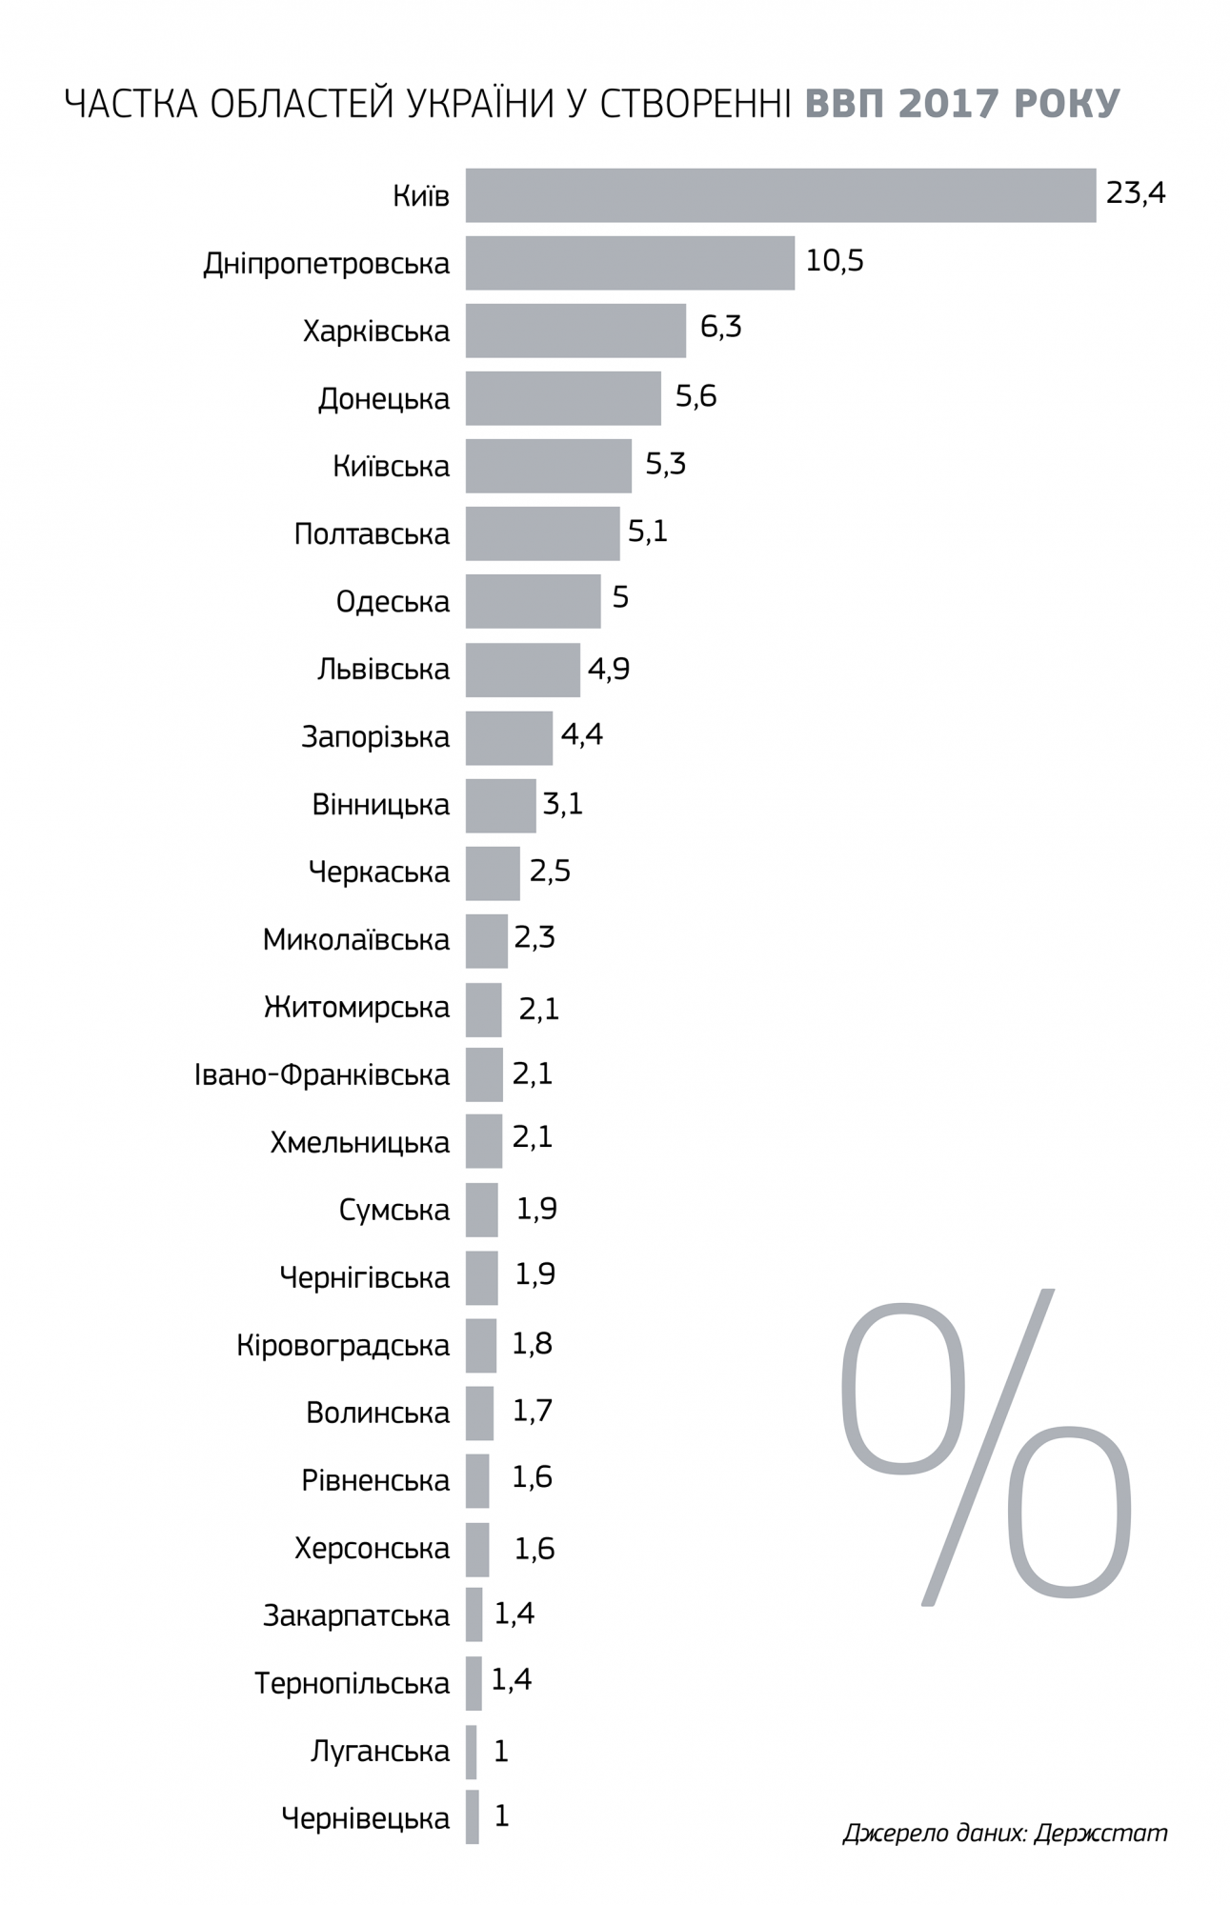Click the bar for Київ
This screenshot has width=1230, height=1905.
pos(780,195)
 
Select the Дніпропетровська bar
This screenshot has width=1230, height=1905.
pos(630,263)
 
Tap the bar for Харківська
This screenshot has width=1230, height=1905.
pos(575,331)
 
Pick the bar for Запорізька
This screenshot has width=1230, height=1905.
pos(509,737)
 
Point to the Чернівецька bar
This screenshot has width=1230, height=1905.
pos(473,1817)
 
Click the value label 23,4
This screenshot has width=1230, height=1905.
pos(1136,193)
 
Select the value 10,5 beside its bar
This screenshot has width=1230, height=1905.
pos(835,261)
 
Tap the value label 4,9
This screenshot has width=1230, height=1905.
pos(609,669)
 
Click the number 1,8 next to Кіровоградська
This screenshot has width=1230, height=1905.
pos(533,1344)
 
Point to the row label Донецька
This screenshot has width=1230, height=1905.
pos(384,399)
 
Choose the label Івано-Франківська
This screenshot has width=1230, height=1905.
pos(322,1075)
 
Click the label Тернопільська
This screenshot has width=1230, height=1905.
pos(352,1684)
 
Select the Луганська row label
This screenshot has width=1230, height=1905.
pos(379,1751)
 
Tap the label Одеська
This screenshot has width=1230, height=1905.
pos(393,602)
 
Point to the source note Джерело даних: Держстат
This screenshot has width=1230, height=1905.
pos(1004,1833)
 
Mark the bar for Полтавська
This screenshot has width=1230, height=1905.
pos(542,533)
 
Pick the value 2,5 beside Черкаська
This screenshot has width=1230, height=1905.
pos(550,872)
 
